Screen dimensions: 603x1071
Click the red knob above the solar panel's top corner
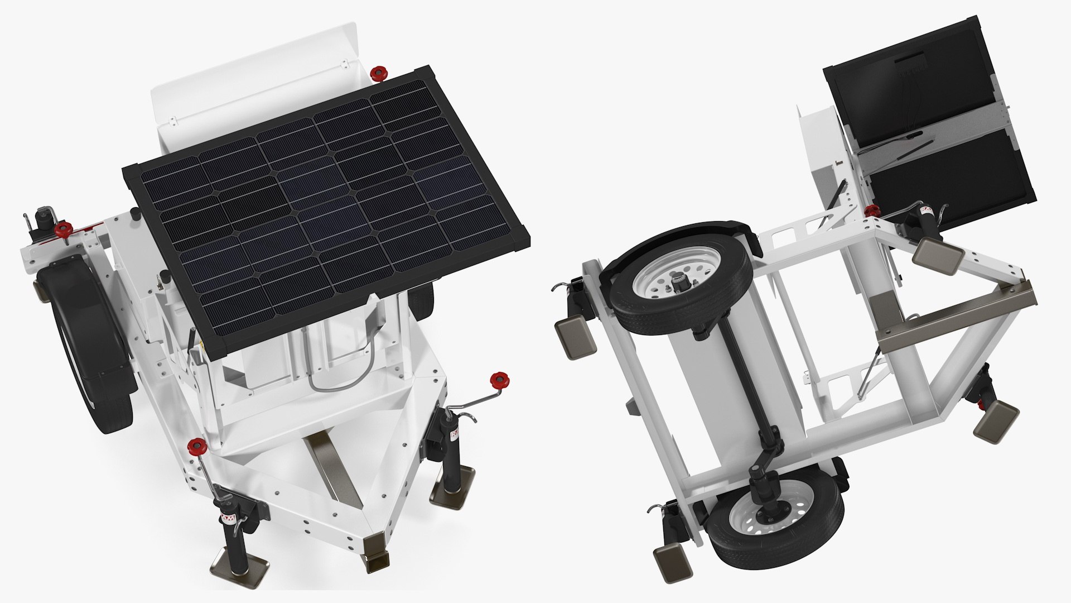pyautogui.click(x=379, y=73)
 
